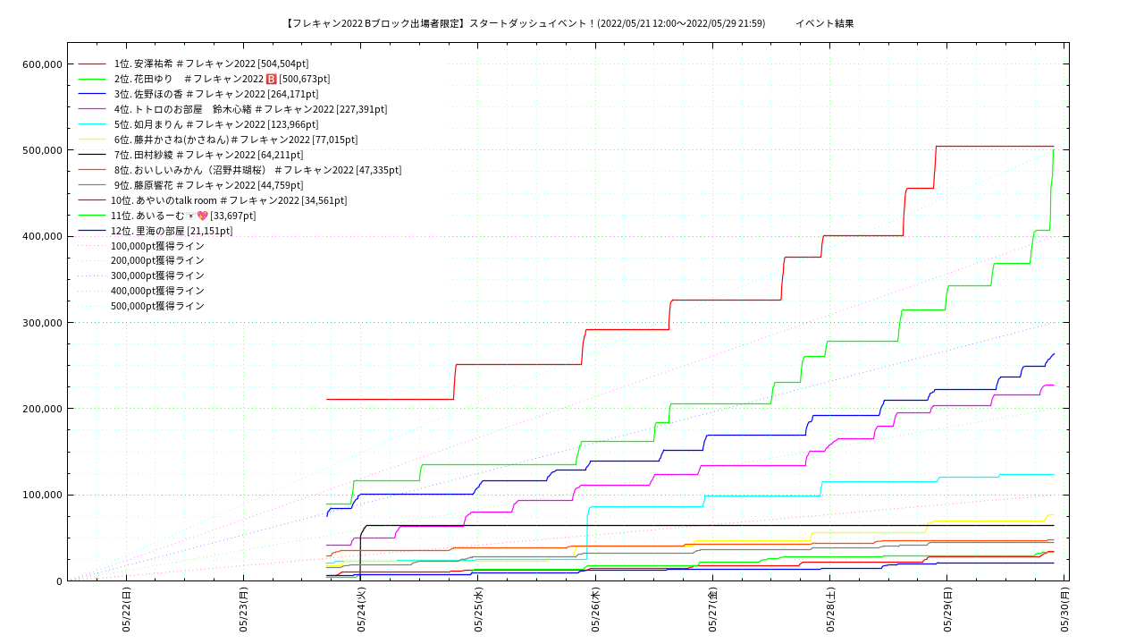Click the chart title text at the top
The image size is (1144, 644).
(x=569, y=23)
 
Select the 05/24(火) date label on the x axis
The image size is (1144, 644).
(x=361, y=610)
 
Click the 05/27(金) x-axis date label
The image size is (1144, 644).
(x=713, y=610)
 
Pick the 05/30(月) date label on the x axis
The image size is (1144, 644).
(x=1064, y=610)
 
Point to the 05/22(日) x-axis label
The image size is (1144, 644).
(x=127, y=610)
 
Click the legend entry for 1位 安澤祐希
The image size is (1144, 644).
(x=211, y=64)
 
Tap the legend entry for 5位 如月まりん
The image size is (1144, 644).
(x=215, y=124)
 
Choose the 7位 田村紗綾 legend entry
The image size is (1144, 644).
(x=208, y=155)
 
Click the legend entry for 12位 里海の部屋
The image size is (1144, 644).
(x=172, y=231)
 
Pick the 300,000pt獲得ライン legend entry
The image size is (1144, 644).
(x=157, y=275)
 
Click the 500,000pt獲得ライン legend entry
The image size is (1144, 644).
(x=157, y=306)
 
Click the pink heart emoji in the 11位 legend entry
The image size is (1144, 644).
(x=202, y=216)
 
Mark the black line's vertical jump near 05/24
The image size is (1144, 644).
(x=360, y=555)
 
